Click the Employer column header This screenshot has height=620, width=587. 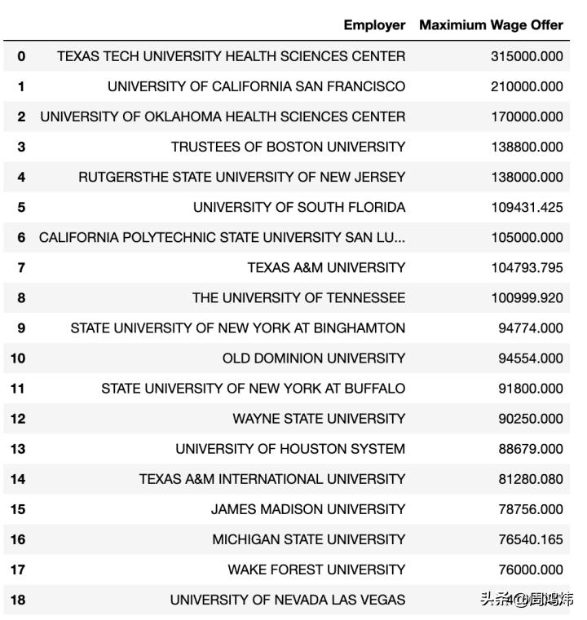point(374,25)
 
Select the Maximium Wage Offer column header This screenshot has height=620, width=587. point(491,25)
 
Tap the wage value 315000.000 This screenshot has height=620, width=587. point(527,56)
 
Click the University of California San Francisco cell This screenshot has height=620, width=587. point(256,86)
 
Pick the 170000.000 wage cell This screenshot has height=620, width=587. point(527,117)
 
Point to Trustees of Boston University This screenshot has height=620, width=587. point(288,147)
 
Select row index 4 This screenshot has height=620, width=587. point(21,177)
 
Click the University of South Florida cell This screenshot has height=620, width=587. point(299,207)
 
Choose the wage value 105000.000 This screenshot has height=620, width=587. point(527,237)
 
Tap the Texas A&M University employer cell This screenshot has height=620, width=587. point(326,267)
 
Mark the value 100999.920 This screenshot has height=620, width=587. point(527,297)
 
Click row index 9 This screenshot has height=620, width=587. point(21,328)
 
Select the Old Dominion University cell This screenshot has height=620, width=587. point(314,358)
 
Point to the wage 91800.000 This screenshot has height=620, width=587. point(531,389)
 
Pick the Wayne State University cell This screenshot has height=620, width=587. point(319,419)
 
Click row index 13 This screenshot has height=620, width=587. point(18,449)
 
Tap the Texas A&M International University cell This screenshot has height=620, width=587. point(272,479)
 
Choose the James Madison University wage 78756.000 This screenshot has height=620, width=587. point(531,509)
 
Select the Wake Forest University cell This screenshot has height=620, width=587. point(316,569)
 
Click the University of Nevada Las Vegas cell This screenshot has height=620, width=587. point(288,600)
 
